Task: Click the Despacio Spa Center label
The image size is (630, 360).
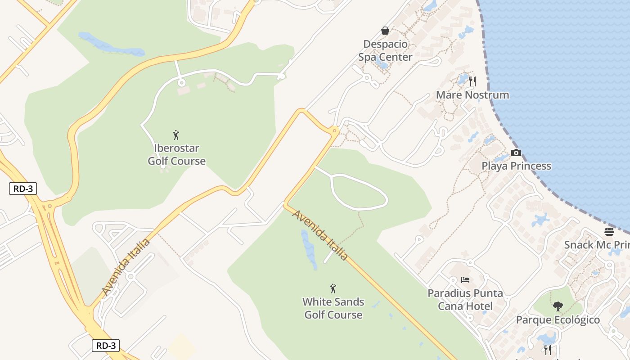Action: click(385, 51)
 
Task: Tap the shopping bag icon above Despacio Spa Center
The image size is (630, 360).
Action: click(385, 31)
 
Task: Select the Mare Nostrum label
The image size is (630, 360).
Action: click(472, 95)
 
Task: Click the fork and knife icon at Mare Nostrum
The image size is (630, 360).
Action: click(472, 81)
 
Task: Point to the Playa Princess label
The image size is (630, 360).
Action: click(516, 166)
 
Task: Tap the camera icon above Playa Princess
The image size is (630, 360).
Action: click(516, 153)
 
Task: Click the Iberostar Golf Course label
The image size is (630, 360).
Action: click(177, 154)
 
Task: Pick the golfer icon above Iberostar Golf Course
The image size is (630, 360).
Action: click(176, 135)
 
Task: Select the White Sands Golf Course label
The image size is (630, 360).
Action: click(333, 308)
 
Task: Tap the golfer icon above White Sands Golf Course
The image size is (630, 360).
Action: click(333, 288)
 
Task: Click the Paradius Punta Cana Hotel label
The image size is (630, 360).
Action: click(465, 300)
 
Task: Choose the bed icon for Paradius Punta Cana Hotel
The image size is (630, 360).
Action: click(465, 280)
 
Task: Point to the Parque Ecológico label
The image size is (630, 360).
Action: click(558, 320)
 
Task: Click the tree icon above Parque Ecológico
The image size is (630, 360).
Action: click(558, 306)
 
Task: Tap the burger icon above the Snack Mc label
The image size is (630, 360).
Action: click(609, 232)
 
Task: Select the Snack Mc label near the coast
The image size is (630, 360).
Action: click(597, 245)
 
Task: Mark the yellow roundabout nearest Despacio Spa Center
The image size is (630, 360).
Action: click(334, 131)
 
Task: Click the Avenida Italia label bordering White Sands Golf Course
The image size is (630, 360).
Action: click(320, 235)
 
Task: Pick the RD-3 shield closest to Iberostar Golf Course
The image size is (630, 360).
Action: click(22, 189)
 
